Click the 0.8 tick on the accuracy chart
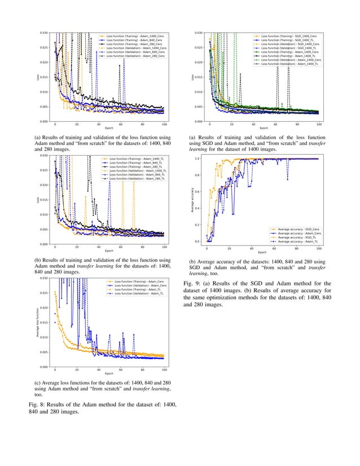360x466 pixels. [197, 175]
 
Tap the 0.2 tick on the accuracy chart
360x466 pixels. [197, 225]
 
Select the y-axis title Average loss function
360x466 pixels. [36, 323]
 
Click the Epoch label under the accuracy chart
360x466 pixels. [262, 252]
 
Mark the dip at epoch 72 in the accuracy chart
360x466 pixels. [288, 179]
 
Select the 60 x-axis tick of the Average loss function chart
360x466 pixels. [120, 370]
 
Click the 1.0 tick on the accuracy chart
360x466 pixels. [197, 159]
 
